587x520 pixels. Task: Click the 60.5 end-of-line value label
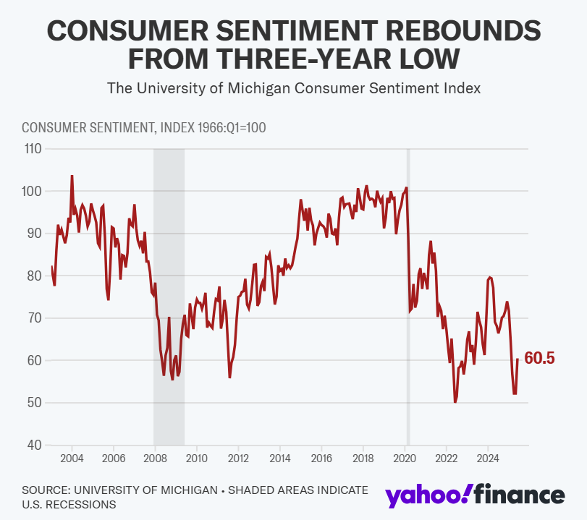[539, 359]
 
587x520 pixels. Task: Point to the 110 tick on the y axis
[33, 149]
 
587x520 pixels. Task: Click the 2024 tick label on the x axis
[488, 459]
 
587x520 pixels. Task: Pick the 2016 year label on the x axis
[321, 459]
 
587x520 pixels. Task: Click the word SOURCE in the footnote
[47, 490]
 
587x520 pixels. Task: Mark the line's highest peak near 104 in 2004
[72, 176]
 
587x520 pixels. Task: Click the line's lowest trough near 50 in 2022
[455, 402]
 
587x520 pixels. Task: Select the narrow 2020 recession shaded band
[408, 297]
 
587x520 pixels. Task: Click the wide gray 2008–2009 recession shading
[169, 297]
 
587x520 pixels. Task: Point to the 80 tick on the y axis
[35, 276]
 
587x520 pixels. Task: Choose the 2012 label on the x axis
[238, 459]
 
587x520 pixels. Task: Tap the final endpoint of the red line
[518, 360]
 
